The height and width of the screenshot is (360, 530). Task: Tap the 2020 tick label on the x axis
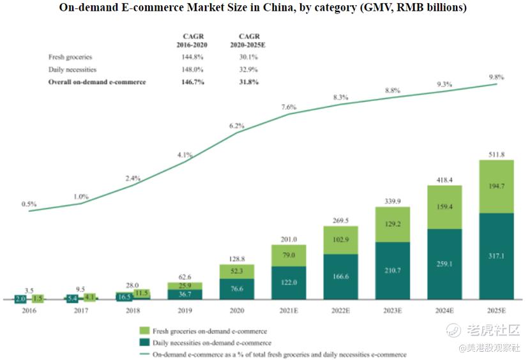[236, 311]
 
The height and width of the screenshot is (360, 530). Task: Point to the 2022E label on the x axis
[340, 311]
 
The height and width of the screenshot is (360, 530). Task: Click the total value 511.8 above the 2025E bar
[496, 154]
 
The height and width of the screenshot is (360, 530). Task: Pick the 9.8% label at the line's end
[496, 77]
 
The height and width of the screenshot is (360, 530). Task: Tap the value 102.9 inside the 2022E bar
[340, 239]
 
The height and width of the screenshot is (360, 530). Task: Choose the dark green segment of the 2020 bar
[236, 289]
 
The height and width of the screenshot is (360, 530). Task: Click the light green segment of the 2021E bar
[289, 255]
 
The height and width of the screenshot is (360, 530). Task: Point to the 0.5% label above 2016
[29, 204]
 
